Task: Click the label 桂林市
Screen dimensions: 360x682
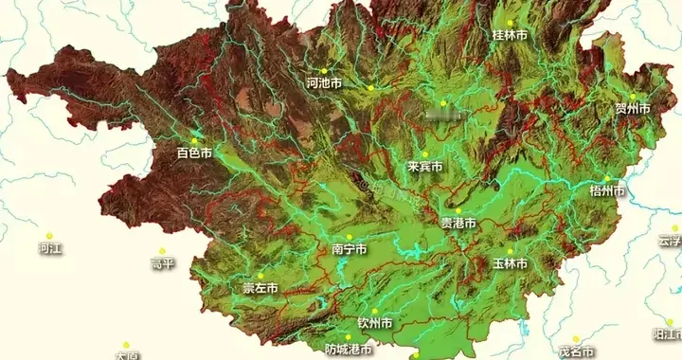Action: pyautogui.click(x=510, y=35)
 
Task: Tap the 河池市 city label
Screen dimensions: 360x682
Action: pyautogui.click(x=324, y=83)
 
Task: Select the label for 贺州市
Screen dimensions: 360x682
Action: pyautogui.click(x=633, y=109)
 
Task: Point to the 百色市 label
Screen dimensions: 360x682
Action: pyautogui.click(x=194, y=153)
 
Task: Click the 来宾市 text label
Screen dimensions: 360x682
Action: pyautogui.click(x=425, y=167)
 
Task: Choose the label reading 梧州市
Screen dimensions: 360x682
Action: pyautogui.click(x=607, y=190)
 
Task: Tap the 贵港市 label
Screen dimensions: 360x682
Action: pyautogui.click(x=458, y=224)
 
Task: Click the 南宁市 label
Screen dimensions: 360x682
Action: pyautogui.click(x=350, y=249)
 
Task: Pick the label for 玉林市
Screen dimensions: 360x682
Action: pyautogui.click(x=510, y=263)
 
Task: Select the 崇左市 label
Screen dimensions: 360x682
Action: pyautogui.click(x=260, y=288)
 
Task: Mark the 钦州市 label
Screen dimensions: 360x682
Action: pyautogui.click(x=374, y=323)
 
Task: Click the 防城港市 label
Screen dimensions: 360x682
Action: pyautogui.click(x=348, y=349)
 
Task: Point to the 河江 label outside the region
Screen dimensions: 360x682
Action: pyautogui.click(x=50, y=249)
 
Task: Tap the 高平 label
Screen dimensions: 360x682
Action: pyautogui.click(x=162, y=264)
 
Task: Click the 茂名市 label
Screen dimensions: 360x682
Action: pyautogui.click(x=575, y=351)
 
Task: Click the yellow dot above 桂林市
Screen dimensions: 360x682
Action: pyautogui.click(x=510, y=22)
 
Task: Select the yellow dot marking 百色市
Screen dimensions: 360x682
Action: pyautogui.click(x=195, y=140)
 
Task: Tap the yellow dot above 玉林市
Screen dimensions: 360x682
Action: pyautogui.click(x=510, y=251)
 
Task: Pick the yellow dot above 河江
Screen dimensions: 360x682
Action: pyautogui.click(x=50, y=236)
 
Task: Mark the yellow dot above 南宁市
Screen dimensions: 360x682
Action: pyautogui.click(x=349, y=237)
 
